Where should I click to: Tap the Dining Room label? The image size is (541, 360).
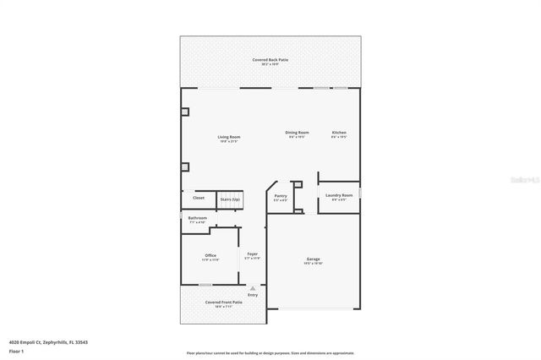pyautogui.click(x=297, y=133)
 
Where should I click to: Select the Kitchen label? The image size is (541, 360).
pyautogui.click(x=339, y=133)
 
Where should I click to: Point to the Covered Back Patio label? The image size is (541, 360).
pyautogui.click(x=269, y=60)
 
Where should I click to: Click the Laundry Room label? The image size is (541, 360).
pyautogui.click(x=339, y=195)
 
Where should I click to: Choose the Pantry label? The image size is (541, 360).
pyautogui.click(x=281, y=196)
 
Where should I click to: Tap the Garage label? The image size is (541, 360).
pyautogui.click(x=313, y=259)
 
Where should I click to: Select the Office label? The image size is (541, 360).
pyautogui.click(x=210, y=255)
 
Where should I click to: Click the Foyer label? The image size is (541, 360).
pyautogui.click(x=252, y=254)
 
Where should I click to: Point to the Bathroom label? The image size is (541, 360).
pyautogui.click(x=197, y=218)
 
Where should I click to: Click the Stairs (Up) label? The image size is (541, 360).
pyautogui.click(x=229, y=199)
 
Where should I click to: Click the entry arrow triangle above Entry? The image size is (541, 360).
pyautogui.click(x=252, y=288)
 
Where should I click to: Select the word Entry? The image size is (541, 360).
pyautogui.click(x=252, y=295)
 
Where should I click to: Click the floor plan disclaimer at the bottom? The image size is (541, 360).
pyautogui.click(x=270, y=353)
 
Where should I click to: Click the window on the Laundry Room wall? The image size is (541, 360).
pyautogui.click(x=360, y=194)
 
